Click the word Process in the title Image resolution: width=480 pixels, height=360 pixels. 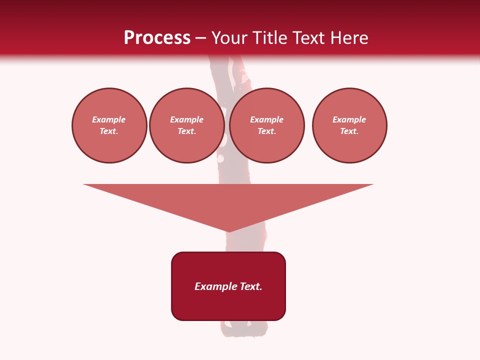click(x=157, y=38)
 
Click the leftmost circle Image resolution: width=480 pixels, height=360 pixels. click(x=109, y=125)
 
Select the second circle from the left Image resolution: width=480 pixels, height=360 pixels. click(x=187, y=125)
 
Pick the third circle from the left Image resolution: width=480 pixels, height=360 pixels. click(x=267, y=125)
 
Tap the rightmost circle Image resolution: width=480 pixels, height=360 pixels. click(x=349, y=125)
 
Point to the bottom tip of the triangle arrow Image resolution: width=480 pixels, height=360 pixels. click(x=228, y=230)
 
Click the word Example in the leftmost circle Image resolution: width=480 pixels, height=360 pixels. click(x=109, y=119)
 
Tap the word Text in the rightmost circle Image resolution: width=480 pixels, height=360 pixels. click(x=348, y=131)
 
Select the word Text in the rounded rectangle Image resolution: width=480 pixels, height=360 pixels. click(x=250, y=286)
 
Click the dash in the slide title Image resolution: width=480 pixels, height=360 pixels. click(x=200, y=38)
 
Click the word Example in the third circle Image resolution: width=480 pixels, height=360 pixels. click(x=267, y=119)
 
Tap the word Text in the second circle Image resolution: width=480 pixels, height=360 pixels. click(x=186, y=131)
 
